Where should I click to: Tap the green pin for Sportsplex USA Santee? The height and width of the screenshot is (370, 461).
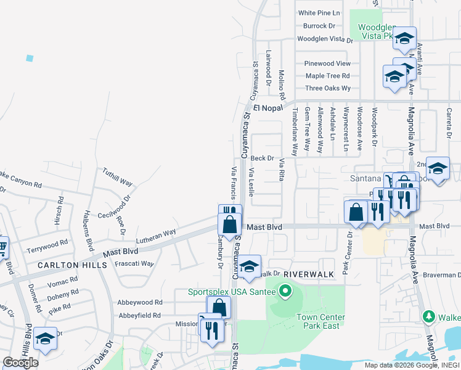[285, 290]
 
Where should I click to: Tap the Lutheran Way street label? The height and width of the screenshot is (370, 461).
[157, 234]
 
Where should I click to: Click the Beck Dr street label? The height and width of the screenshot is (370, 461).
[262, 158]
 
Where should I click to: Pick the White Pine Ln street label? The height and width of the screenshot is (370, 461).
[319, 13]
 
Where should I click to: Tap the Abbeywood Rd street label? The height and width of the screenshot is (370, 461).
[140, 303]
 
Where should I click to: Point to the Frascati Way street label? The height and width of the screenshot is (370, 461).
[134, 263]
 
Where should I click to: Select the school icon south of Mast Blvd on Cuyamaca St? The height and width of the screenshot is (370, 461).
[249, 266]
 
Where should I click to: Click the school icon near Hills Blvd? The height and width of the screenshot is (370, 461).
[45, 338]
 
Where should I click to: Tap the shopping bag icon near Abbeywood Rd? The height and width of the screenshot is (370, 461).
[219, 307]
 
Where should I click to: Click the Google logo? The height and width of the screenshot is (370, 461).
[21, 363]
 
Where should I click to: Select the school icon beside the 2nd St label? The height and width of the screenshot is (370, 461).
[438, 168]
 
